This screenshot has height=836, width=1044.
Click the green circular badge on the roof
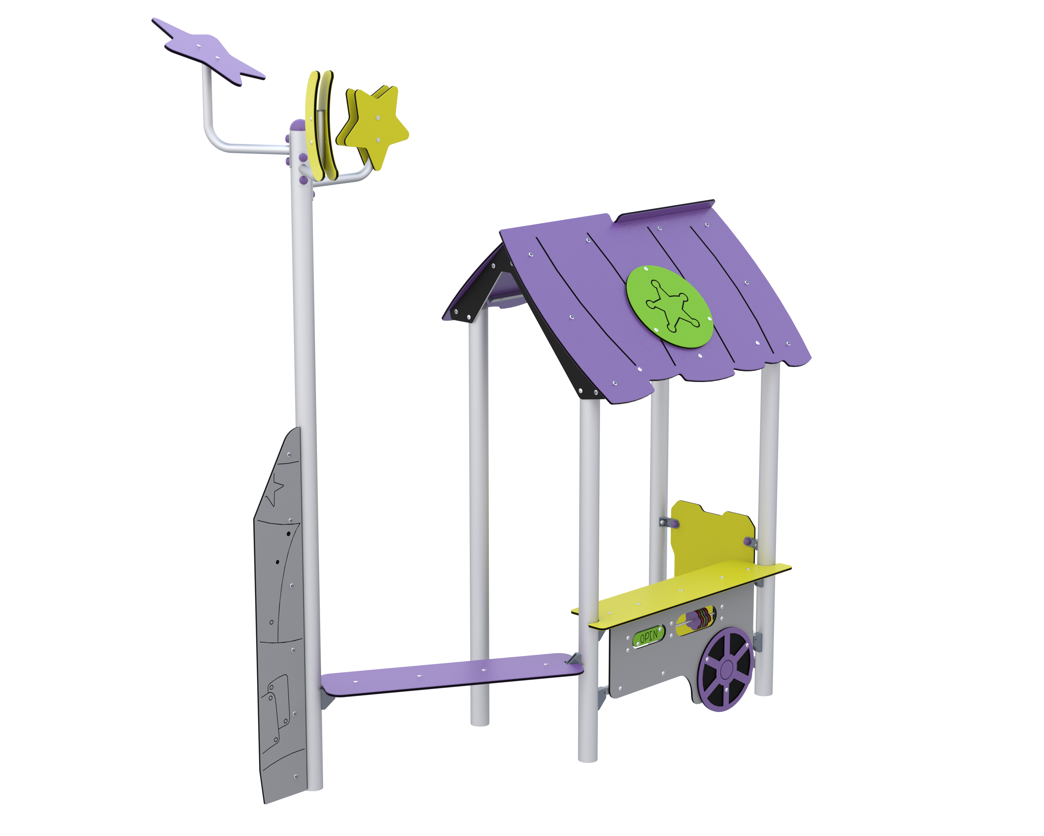coord(670,306)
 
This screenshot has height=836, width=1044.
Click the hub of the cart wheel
coord(726,670)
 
